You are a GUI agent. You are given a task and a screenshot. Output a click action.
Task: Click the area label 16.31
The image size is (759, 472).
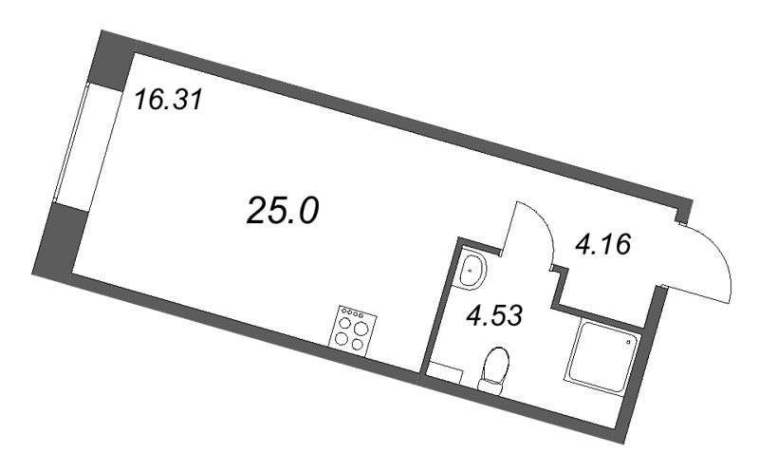[x=168, y=101]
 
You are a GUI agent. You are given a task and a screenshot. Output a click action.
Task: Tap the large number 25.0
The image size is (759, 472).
[x=283, y=212]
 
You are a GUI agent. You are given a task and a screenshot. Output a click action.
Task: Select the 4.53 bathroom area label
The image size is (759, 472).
[x=494, y=316]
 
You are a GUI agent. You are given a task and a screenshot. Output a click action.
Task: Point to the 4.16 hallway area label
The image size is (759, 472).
[x=603, y=245]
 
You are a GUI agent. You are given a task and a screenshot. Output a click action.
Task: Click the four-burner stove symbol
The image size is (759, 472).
[x=353, y=329]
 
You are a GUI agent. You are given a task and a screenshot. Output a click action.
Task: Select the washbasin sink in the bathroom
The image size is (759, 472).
[x=472, y=271]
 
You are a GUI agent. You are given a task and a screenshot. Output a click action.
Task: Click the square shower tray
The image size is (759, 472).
[x=602, y=357]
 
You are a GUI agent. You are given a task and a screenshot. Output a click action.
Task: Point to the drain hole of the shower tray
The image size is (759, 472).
[x=628, y=342]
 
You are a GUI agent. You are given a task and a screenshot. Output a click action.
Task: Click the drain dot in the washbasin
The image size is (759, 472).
[x=470, y=270]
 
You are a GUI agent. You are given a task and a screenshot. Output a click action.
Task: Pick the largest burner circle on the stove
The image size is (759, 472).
[x=361, y=329]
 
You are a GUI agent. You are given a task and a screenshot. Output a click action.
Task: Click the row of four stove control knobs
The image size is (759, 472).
[x=352, y=313]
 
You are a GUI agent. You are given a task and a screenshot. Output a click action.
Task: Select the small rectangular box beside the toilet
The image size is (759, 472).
[x=446, y=373]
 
